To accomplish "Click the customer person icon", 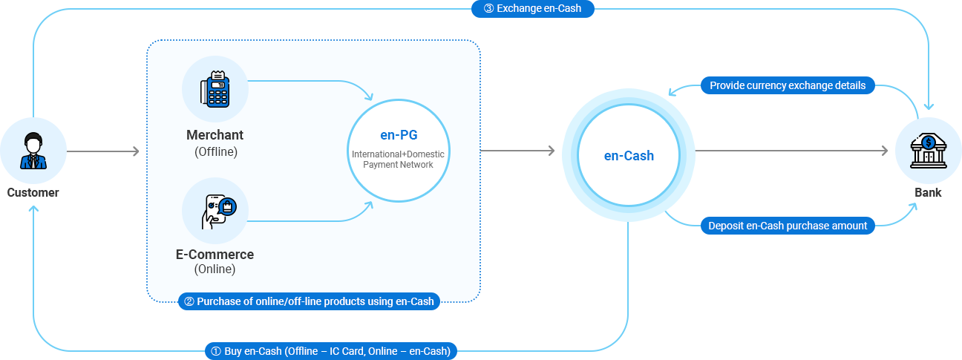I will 33,151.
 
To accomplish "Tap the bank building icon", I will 928,151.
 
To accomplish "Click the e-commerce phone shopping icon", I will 215,210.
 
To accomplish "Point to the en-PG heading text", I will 399,136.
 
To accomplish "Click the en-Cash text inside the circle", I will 629,156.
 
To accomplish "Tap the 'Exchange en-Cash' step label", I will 532,9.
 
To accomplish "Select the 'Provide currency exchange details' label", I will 788,85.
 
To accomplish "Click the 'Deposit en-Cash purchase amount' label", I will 788,226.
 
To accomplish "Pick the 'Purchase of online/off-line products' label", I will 309,301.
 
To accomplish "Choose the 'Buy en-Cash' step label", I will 331,351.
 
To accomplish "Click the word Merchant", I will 215,135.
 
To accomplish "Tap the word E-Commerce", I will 215,255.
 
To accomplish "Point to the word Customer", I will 33,192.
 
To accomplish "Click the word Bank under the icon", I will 928,192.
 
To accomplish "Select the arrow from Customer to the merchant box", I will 104,151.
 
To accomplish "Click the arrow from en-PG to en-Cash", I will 518,151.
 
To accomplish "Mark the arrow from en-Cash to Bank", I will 791,151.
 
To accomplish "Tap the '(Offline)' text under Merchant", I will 215,151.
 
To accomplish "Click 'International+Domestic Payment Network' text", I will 399,159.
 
